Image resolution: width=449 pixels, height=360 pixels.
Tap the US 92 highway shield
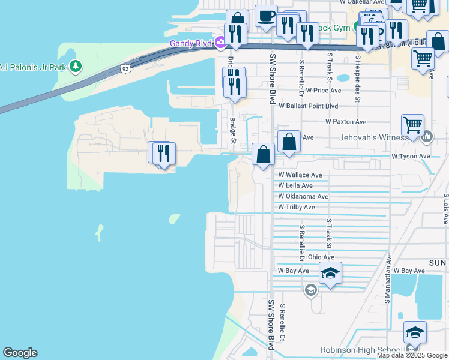tap(124, 68)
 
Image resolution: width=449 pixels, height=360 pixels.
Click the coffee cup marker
tap(266, 16)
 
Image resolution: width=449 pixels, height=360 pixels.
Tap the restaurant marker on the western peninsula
tap(161, 154)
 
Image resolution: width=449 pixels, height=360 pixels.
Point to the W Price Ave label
tap(323, 91)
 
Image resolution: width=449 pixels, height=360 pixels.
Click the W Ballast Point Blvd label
tap(306, 106)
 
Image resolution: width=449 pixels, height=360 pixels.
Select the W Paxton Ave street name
tap(346, 122)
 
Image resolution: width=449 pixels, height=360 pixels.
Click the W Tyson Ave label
tap(411, 156)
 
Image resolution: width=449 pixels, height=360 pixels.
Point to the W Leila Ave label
tap(295, 186)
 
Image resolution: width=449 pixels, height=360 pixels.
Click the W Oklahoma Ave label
tap(303, 197)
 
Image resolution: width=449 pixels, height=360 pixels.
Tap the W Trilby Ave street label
tap(296, 208)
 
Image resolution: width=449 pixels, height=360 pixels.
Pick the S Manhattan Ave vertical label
tap(388, 278)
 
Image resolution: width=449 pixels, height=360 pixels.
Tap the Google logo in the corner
tap(20, 353)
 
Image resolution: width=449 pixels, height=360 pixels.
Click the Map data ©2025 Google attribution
tap(412, 356)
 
